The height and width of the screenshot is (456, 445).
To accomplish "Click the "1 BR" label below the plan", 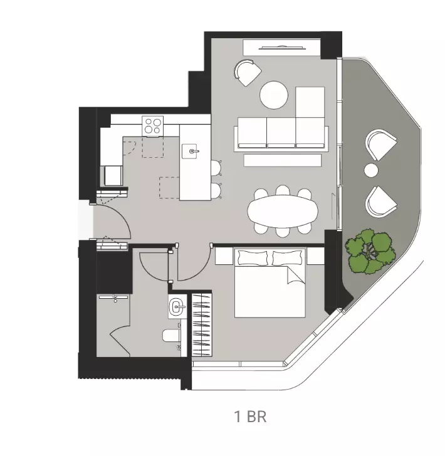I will [x=251, y=417].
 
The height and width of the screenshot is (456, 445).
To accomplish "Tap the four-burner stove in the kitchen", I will [x=153, y=126].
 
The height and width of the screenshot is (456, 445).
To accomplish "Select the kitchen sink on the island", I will [x=192, y=150].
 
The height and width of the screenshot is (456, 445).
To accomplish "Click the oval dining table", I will [x=283, y=211].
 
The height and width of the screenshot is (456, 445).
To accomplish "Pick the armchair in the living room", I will [x=248, y=72].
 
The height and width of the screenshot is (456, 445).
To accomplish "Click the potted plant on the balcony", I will [x=371, y=251].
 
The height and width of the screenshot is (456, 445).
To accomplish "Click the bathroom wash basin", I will [x=177, y=307].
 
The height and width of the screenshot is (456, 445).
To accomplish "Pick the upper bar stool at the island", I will [x=216, y=167].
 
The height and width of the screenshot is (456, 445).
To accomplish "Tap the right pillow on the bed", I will [x=288, y=257].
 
